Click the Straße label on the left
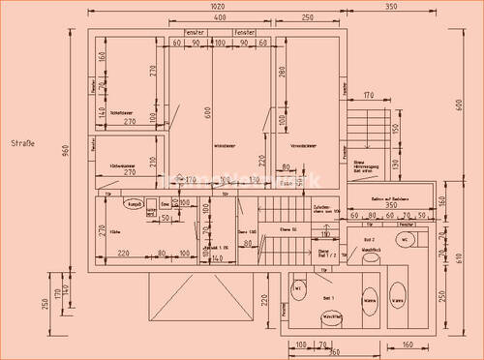click(22, 144)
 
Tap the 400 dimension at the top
click(220, 18)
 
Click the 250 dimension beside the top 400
click(306, 18)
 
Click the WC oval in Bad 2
click(406, 237)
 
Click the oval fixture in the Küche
click(135, 205)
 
